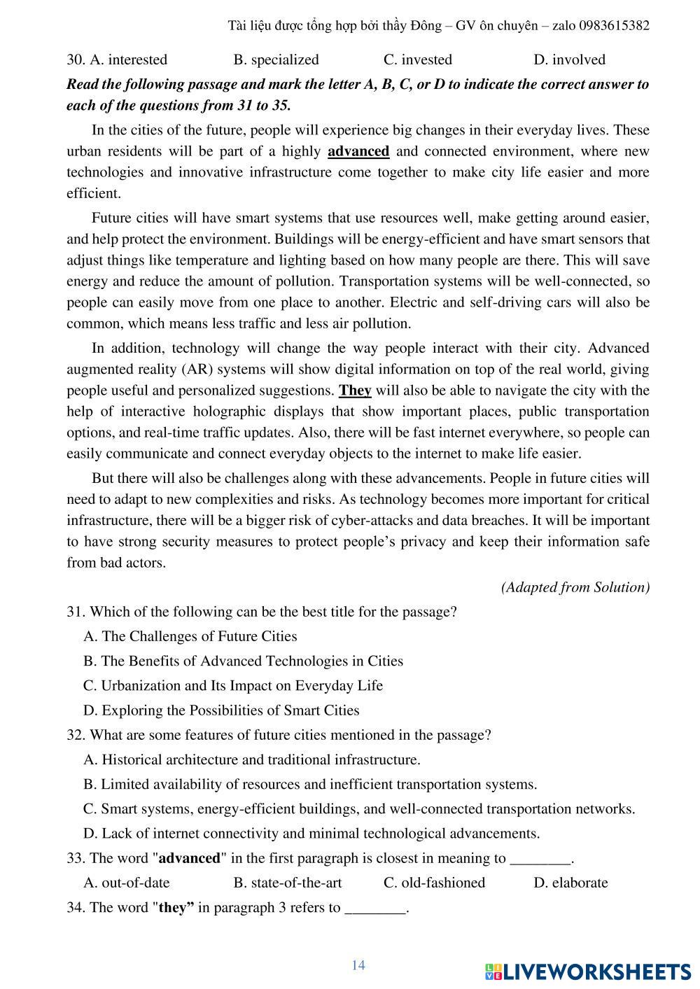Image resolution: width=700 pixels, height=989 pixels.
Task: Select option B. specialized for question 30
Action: pyautogui.click(x=276, y=60)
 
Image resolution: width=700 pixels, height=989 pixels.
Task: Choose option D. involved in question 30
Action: pyautogui.click(x=569, y=60)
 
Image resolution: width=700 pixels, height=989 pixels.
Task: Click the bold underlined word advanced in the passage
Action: pyautogui.click(x=358, y=152)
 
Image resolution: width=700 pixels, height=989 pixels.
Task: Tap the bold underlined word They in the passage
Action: pyautogui.click(x=355, y=391)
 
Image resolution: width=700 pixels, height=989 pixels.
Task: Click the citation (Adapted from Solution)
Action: pyautogui.click(x=575, y=587)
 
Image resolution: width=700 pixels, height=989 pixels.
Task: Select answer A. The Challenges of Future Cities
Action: pyautogui.click(x=190, y=637)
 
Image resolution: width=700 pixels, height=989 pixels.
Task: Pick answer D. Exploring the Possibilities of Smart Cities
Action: pyautogui.click(x=220, y=710)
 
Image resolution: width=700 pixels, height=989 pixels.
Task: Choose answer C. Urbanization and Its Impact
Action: pyautogui.click(x=232, y=686)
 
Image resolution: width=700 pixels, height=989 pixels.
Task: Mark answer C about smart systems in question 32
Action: pyautogui.click(x=358, y=809)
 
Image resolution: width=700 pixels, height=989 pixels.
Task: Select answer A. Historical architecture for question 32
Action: pyautogui.click(x=251, y=760)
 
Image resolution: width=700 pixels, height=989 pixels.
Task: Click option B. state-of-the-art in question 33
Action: pyautogui.click(x=288, y=883)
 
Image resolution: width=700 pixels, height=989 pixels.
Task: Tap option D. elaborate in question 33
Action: pyautogui.click(x=570, y=883)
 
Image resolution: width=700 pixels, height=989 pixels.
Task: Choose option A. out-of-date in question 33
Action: pyautogui.click(x=127, y=883)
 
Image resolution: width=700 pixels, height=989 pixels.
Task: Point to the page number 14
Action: pyautogui.click(x=358, y=966)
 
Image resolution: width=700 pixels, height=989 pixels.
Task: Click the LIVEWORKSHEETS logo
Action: pyautogui.click(x=587, y=972)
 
